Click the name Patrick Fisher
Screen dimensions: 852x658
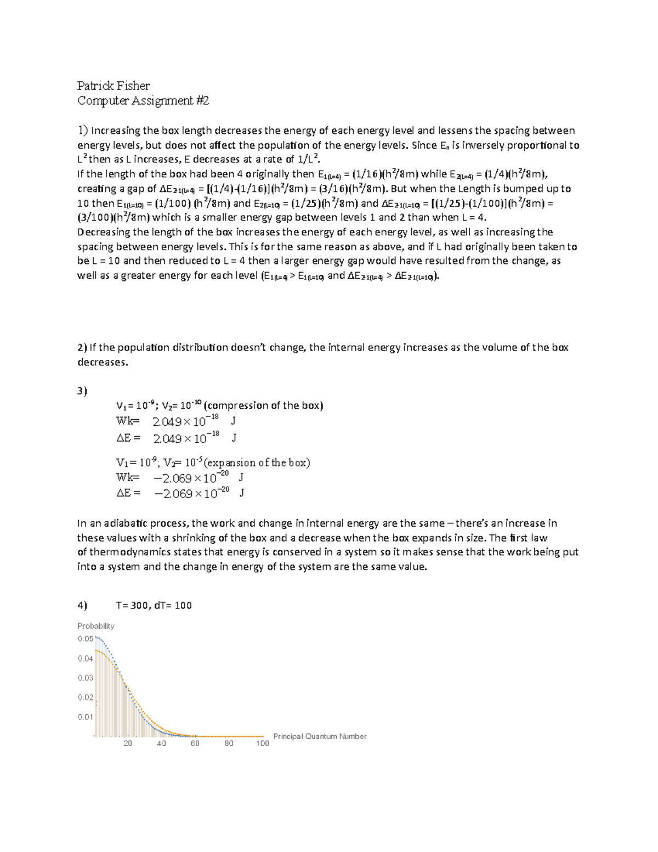[113, 86]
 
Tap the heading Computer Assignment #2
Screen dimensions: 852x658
[143, 100]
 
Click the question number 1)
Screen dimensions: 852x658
[82, 131]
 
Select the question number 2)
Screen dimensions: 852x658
[82, 347]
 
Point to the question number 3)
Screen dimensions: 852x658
[82, 391]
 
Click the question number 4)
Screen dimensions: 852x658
[82, 605]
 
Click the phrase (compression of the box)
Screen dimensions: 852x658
[263, 405]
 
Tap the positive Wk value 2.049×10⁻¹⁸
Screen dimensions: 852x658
[186, 421]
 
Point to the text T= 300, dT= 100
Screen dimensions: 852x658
[154, 605]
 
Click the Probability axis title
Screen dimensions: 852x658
[96, 626]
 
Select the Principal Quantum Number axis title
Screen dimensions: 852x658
[320, 736]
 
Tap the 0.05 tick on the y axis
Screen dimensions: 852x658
[86, 639]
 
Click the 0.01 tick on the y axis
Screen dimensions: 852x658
[86, 716]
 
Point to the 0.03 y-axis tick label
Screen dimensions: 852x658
[86, 678]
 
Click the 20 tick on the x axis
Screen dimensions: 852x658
[128, 743]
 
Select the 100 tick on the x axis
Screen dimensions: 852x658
[263, 743]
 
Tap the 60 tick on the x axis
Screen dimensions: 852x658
[195, 743]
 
